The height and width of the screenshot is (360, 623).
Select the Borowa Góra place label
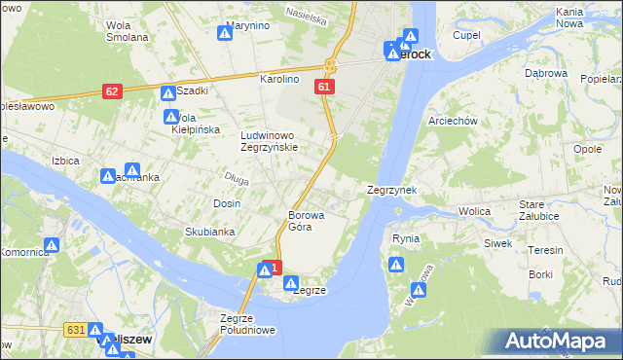(306, 221)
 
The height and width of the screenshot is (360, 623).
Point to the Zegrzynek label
(392, 191)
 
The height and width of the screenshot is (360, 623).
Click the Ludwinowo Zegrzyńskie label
(275, 141)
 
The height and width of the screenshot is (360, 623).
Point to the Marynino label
(247, 25)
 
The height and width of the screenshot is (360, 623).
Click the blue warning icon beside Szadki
(167, 93)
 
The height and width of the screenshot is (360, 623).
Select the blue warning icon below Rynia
(395, 264)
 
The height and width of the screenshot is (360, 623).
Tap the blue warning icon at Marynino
(225, 33)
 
